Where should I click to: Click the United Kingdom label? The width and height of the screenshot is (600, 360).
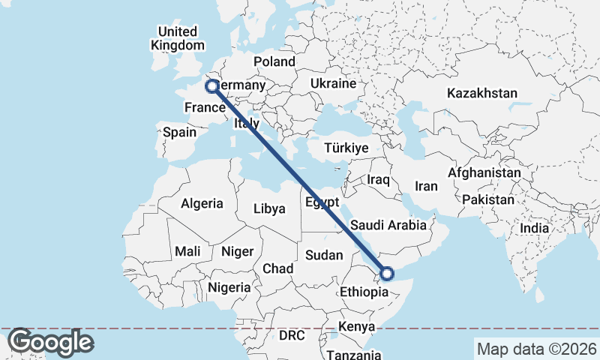tap(177, 38)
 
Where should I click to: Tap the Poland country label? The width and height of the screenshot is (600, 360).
tap(274, 61)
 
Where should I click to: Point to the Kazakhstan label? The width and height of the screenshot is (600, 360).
tap(482, 94)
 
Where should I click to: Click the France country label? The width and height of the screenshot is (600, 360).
tap(205, 108)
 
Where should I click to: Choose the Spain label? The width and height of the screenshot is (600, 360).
tap(180, 132)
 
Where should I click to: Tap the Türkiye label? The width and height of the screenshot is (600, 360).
tap(346, 148)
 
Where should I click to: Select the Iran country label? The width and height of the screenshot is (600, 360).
tap(426, 186)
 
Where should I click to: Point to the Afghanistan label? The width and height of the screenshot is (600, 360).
tap(484, 172)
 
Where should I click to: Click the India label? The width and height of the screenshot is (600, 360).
tap(535, 228)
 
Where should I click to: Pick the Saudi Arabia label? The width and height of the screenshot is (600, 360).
tap(388, 225)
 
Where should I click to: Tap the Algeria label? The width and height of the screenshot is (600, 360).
tap(202, 203)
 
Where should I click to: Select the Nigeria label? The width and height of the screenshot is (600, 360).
tap(229, 287)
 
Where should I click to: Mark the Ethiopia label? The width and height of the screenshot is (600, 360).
tap(365, 292)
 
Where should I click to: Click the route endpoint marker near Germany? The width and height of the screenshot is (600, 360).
tap(212, 86)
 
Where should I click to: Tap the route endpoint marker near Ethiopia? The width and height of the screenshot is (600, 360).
tap(387, 274)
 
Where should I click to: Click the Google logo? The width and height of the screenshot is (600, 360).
tap(50, 342)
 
